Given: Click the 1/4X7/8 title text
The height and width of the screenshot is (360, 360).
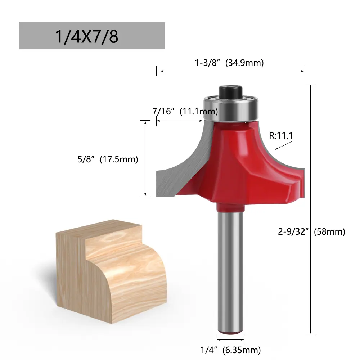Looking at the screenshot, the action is tap(87, 36).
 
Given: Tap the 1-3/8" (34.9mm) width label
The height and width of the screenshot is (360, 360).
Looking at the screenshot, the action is tap(229, 63).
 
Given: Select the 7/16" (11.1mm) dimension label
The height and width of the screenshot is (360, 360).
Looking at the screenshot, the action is tap(185, 111).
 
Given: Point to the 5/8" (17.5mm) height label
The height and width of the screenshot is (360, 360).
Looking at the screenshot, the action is tap(108, 159).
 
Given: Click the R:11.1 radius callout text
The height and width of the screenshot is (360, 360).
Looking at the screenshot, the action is tap(281, 135).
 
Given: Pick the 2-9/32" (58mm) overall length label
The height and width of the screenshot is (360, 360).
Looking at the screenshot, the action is tap(311, 231).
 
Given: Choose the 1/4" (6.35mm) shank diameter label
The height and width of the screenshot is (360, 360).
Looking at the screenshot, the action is tap(231, 350).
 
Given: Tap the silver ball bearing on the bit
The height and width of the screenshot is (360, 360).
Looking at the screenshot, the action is tap(231, 109).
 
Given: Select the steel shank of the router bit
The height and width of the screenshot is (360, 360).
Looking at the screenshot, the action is tap(230, 271).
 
